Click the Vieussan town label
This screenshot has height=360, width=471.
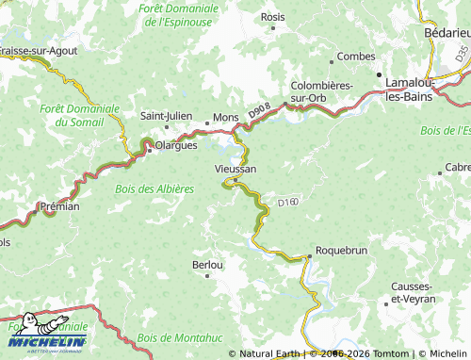click(x=235, y=169)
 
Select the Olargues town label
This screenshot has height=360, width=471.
click(x=174, y=146)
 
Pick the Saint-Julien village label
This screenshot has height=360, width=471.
click(x=166, y=116)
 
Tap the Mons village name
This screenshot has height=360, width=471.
click(x=226, y=116)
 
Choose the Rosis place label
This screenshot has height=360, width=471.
click(x=272, y=17)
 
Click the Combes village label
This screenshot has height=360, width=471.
click(x=355, y=57)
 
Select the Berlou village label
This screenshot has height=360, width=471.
click(x=207, y=265)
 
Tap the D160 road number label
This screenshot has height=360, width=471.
click(x=287, y=202)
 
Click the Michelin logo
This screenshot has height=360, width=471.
click(x=47, y=335)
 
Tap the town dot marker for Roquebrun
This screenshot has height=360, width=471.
click(x=309, y=255)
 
